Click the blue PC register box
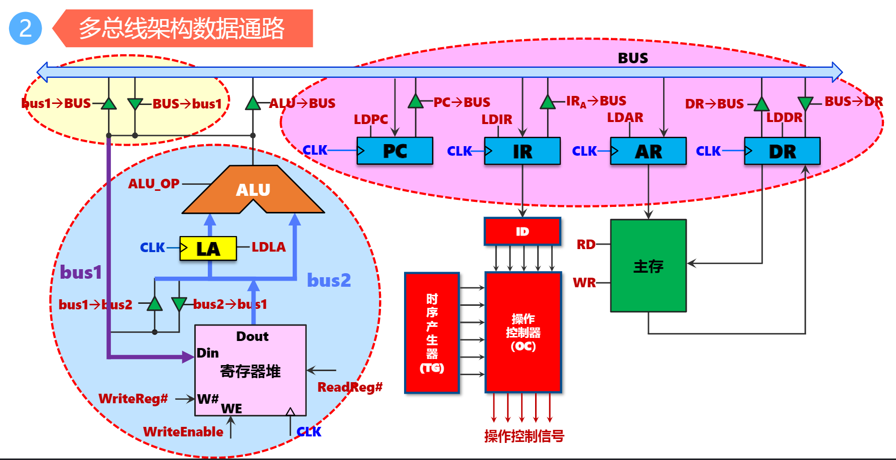pyautogui.click(x=395, y=151)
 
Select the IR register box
pyautogui.click(x=522, y=151)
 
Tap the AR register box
pyautogui.click(x=648, y=151)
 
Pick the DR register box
pyautogui.click(x=782, y=151)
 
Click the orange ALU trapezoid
pyautogui.click(x=253, y=190)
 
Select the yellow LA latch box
pyautogui.click(x=208, y=249)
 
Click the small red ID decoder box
pyautogui.click(x=522, y=231)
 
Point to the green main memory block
pyautogui.click(x=648, y=266)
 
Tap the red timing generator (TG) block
pyautogui.click(x=432, y=332)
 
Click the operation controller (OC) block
pyautogui.click(x=523, y=332)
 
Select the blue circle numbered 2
pyautogui.click(x=25, y=28)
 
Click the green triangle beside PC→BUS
pyautogui.click(x=415, y=102)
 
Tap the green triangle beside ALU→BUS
pyautogui.click(x=253, y=103)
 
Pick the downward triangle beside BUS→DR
pyautogui.click(x=805, y=103)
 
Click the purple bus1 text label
pyautogui.click(x=81, y=272)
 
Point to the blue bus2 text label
pyautogui.click(x=329, y=280)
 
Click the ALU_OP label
pyautogui.click(x=154, y=184)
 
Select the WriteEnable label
pyautogui.click(x=183, y=432)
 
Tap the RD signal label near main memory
pyautogui.click(x=586, y=245)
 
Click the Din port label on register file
pyautogui.click(x=208, y=353)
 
